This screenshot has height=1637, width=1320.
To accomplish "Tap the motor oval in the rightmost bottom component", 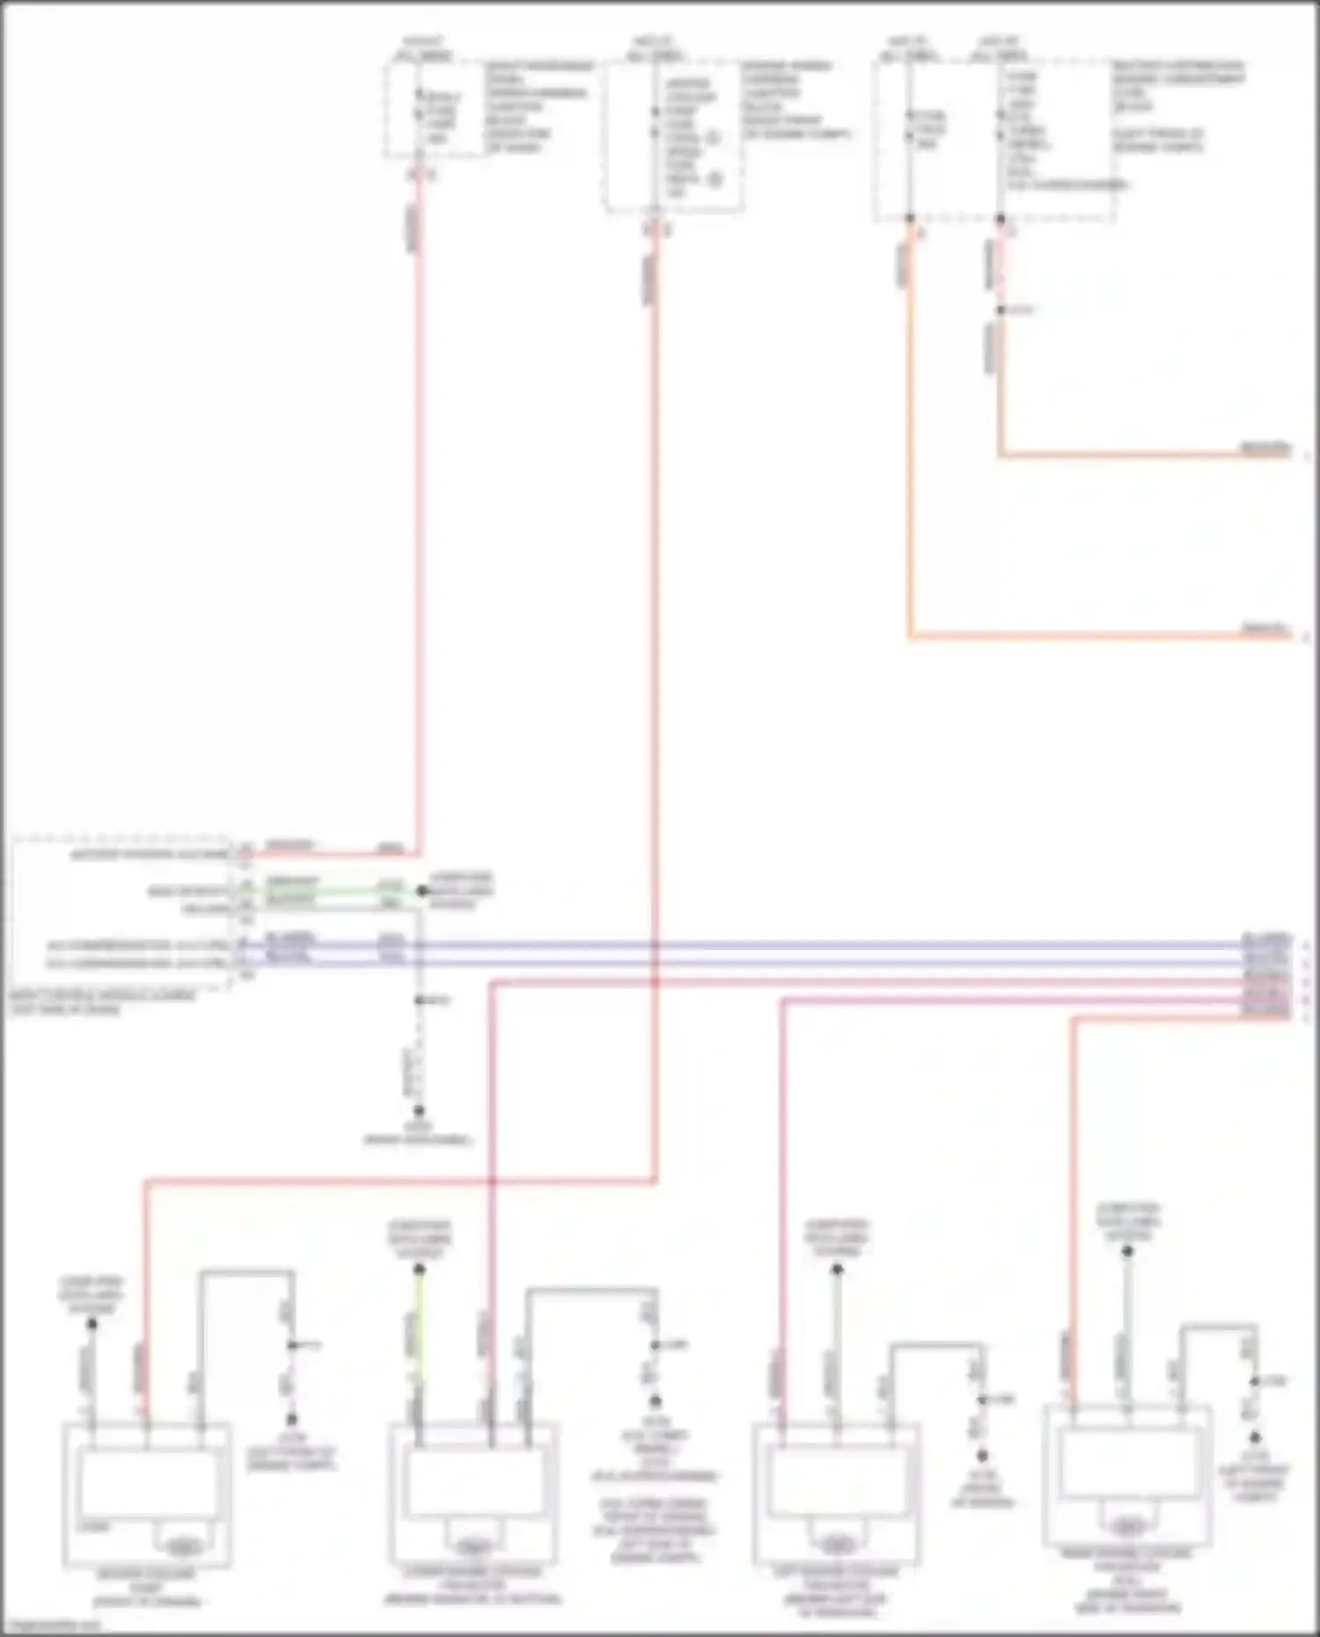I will click(1126, 1526).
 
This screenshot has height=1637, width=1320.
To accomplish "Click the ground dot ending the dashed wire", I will click(419, 1110).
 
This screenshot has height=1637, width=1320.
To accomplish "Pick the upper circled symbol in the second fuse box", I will click(713, 138).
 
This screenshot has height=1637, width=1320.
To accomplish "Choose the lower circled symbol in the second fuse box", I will click(715, 180).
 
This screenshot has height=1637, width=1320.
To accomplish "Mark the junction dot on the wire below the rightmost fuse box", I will click(1001, 311).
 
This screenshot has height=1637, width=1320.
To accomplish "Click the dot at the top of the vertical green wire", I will click(420, 1269).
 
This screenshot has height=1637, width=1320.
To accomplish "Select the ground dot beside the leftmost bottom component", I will click(291, 1419).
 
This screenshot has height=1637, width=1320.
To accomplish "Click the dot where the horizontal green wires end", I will click(422, 891).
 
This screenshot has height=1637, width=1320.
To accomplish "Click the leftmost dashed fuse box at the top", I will click(435, 110).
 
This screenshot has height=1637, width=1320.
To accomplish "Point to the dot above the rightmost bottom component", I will click(1127, 1251).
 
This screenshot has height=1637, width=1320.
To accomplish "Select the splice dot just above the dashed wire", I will click(420, 1001).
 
